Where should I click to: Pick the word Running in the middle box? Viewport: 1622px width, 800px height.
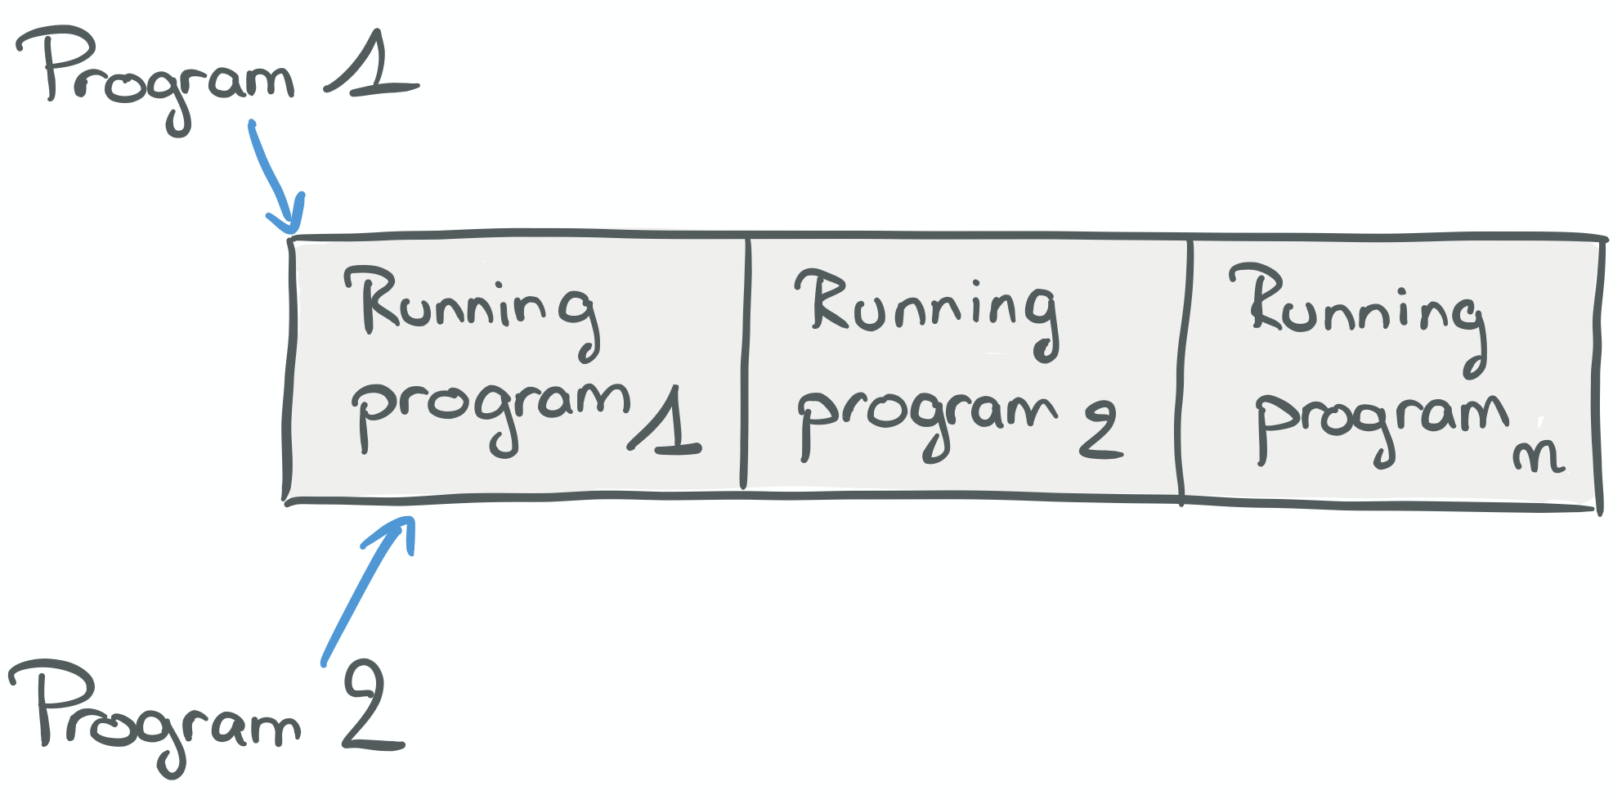coord(927,314)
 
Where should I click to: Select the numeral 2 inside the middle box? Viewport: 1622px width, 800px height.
coord(1100,429)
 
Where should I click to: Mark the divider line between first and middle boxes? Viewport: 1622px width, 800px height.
coord(745,363)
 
